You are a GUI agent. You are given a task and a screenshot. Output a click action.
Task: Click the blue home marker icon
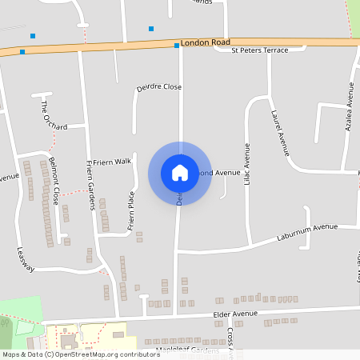pos(180,172)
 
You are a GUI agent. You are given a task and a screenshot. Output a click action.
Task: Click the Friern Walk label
pos(111,162)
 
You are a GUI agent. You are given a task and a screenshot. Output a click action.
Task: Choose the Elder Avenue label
pos(238,314)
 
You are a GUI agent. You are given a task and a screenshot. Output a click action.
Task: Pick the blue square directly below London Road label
pos(177,46)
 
